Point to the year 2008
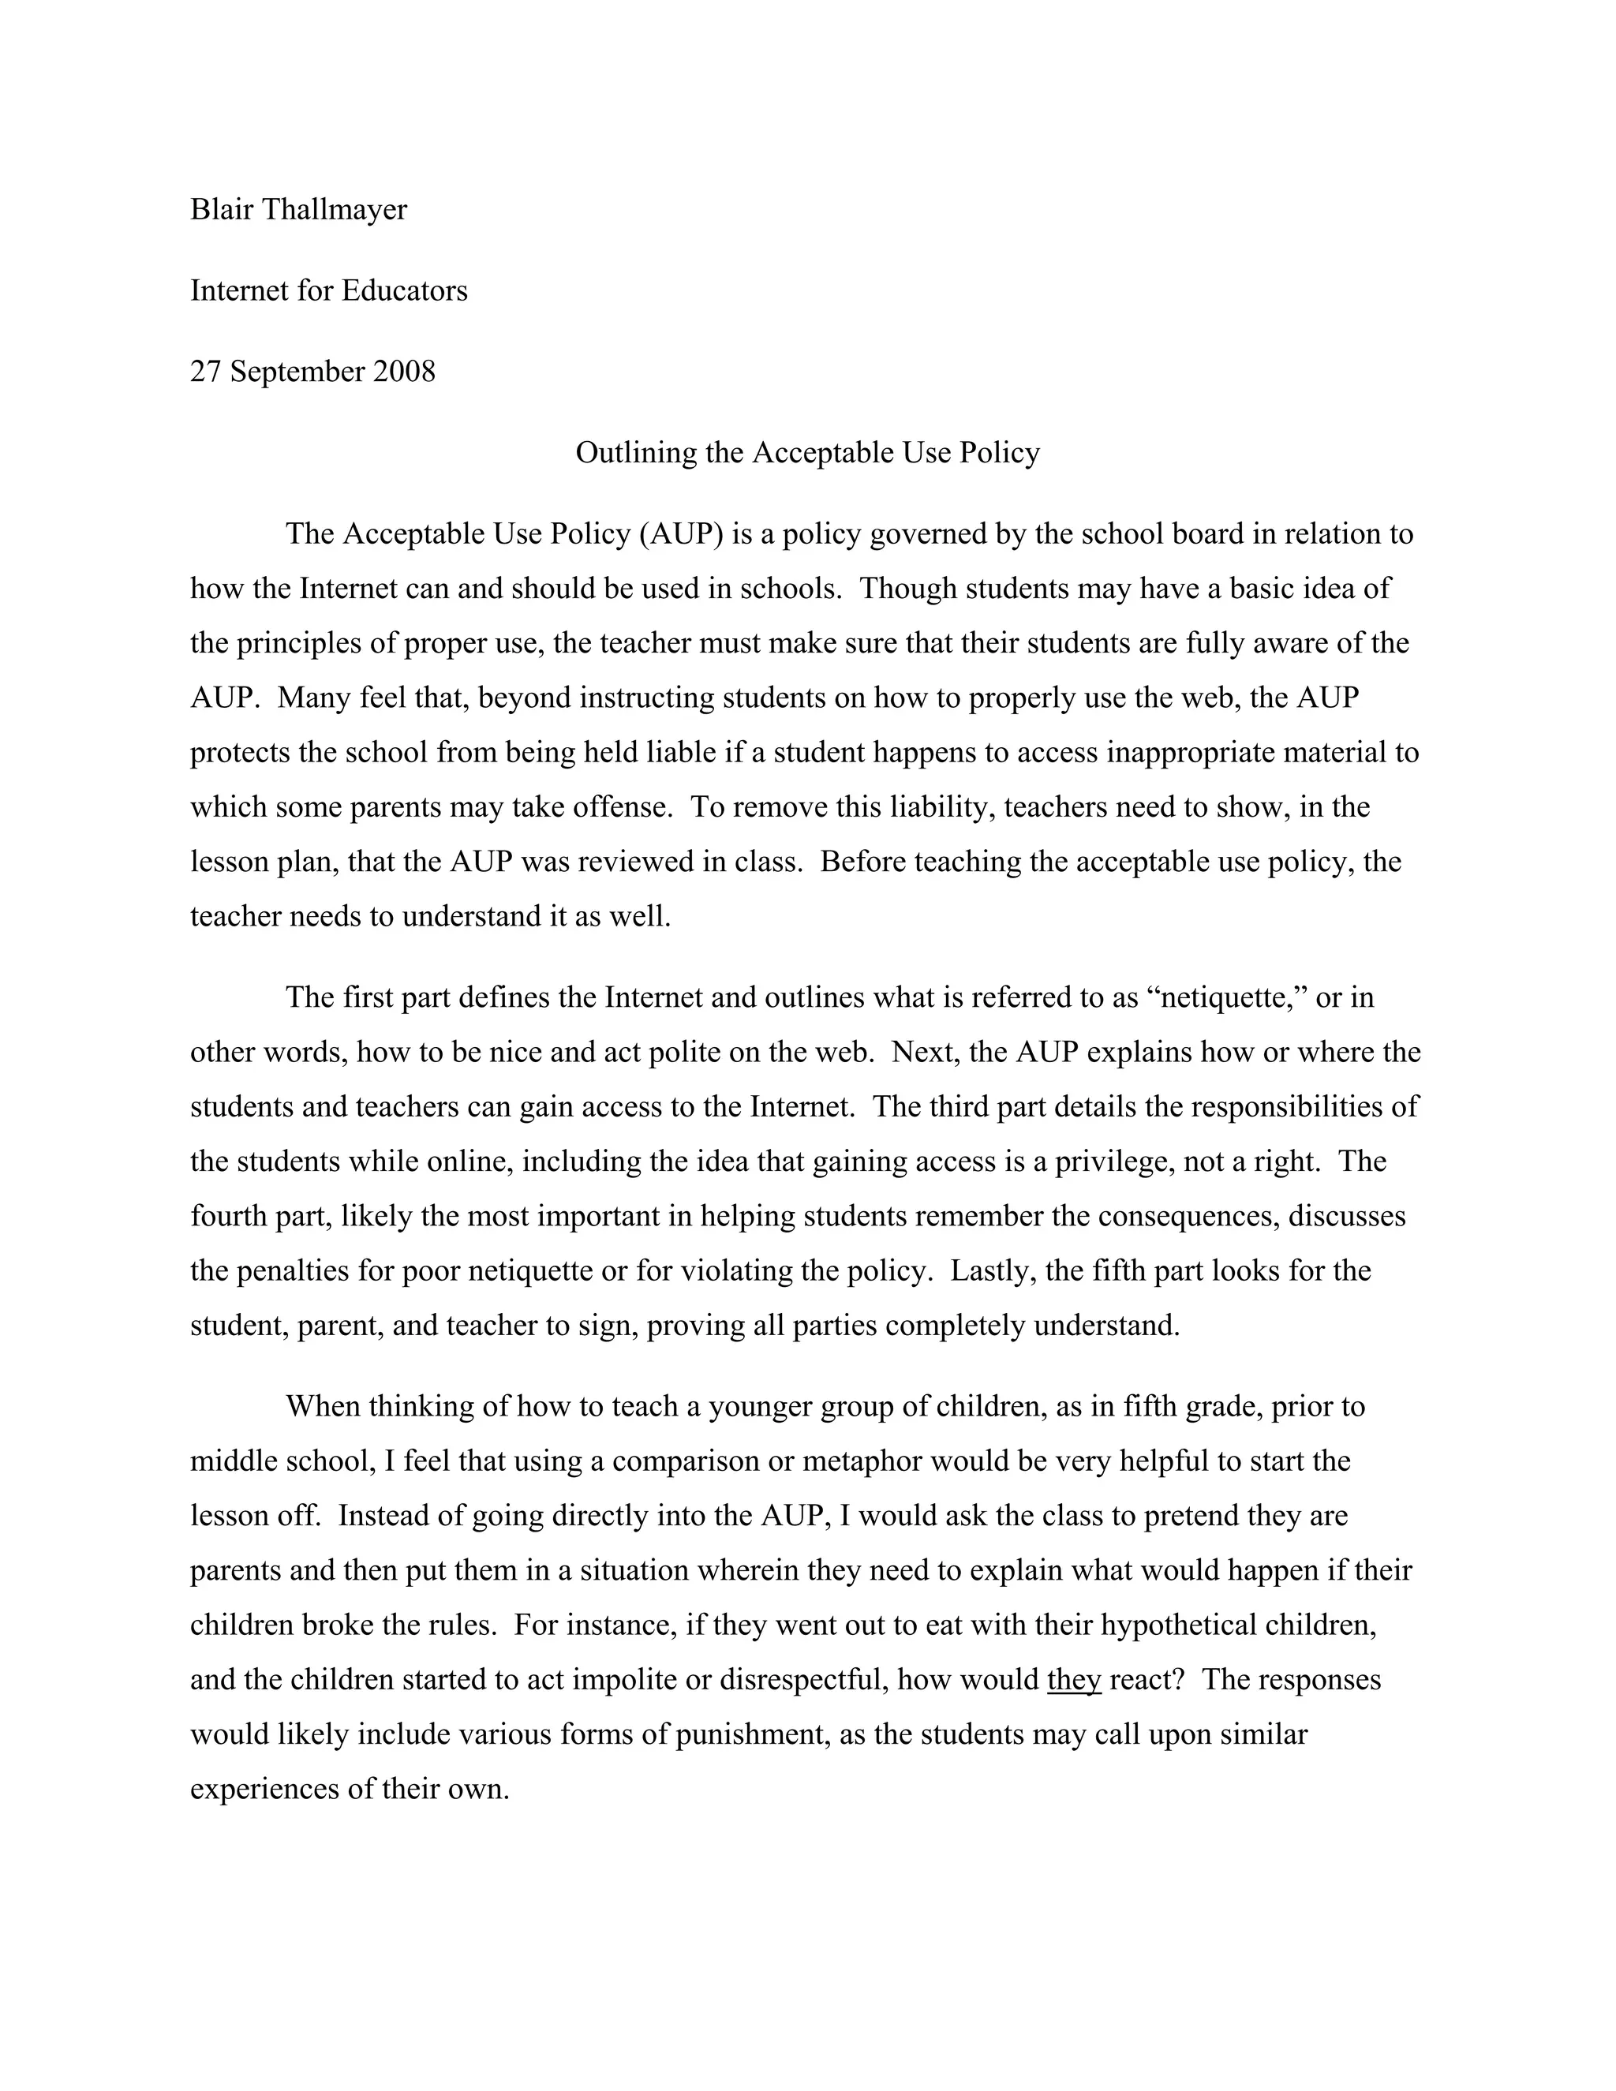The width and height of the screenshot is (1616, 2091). pyautogui.click(x=404, y=372)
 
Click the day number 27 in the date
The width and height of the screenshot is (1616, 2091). pyautogui.click(x=206, y=372)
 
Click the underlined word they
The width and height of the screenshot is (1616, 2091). pyautogui.click(x=1074, y=1680)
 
